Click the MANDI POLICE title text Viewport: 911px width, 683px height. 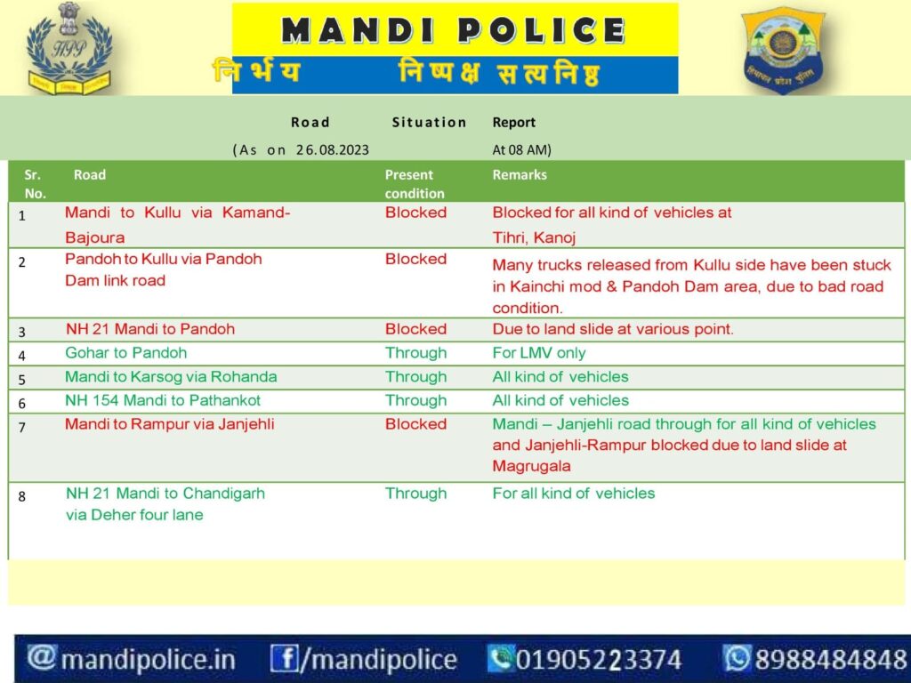click(x=453, y=30)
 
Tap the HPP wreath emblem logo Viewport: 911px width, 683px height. click(x=69, y=48)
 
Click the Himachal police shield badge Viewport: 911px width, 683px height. click(x=784, y=51)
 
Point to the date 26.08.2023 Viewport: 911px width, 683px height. click(x=333, y=149)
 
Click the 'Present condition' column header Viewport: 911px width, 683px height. click(x=415, y=183)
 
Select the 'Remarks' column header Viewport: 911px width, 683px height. click(x=520, y=175)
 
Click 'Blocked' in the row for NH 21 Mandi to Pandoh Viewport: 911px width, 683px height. click(x=416, y=329)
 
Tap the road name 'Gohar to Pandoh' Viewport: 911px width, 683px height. click(x=126, y=352)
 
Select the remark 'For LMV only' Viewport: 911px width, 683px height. click(x=538, y=352)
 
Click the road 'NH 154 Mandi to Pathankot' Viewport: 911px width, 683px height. click(x=163, y=400)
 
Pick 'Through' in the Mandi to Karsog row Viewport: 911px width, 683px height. click(x=416, y=377)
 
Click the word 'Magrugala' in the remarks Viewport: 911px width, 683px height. click(x=531, y=466)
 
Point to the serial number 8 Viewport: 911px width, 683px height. click(x=22, y=496)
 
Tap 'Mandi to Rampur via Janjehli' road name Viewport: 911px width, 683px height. click(x=170, y=424)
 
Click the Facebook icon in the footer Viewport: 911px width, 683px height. click(x=285, y=659)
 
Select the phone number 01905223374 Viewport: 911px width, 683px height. click(x=599, y=660)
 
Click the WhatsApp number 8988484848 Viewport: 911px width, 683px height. click(x=831, y=660)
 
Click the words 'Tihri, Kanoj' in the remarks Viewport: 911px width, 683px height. click(x=534, y=237)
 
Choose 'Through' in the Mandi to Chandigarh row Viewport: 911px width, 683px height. click(x=416, y=493)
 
